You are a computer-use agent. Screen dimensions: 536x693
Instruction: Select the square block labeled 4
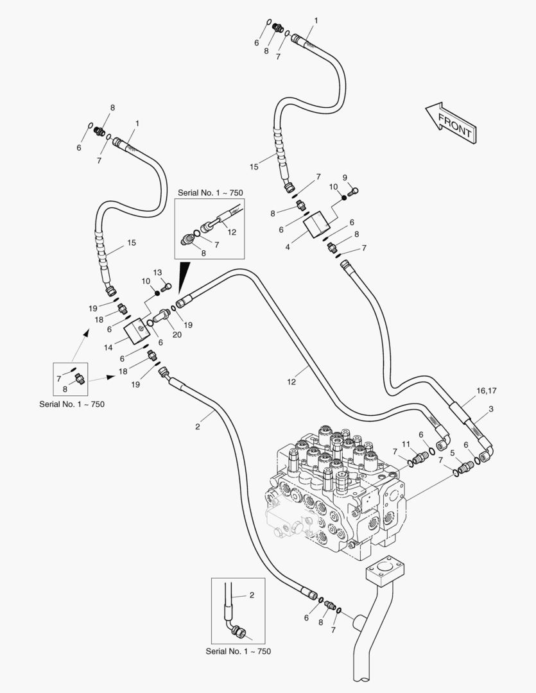point(317,225)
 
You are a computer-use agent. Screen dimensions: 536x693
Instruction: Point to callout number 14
point(108,348)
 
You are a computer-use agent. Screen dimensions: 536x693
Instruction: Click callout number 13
point(158,273)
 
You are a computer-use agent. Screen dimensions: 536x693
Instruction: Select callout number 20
point(177,335)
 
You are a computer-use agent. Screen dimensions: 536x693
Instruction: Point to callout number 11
point(406,444)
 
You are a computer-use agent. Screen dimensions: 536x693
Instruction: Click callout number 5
point(453,453)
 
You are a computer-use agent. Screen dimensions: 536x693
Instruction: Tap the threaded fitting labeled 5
point(465,466)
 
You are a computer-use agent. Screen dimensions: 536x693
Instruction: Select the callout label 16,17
point(487,391)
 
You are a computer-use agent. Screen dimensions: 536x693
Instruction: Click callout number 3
point(491,409)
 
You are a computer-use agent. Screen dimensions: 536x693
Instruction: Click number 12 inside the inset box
point(232,232)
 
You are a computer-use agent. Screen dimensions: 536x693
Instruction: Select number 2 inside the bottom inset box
point(252,595)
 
